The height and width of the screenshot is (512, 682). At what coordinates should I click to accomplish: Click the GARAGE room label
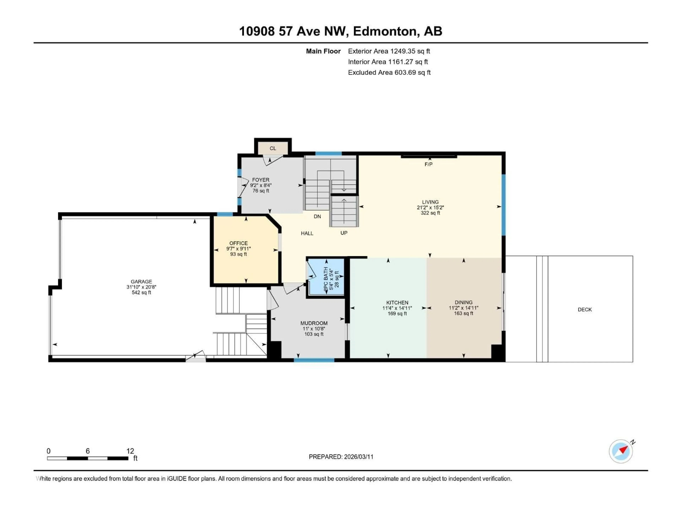[141, 281]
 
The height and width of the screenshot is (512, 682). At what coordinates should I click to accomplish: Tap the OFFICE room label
[238, 243]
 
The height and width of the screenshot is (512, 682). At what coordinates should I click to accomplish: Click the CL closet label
[273, 148]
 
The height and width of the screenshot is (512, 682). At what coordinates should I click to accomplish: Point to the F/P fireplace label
[428, 164]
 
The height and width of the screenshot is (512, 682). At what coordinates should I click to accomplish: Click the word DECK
[584, 310]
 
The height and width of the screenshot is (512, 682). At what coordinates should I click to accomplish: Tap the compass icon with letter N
[621, 451]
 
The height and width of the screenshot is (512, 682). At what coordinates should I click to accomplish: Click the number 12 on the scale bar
[130, 451]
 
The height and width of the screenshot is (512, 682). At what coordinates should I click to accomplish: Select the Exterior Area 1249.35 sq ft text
[389, 51]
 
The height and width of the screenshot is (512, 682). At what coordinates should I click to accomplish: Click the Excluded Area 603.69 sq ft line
[389, 73]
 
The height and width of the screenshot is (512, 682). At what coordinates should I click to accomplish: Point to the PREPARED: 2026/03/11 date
[341, 457]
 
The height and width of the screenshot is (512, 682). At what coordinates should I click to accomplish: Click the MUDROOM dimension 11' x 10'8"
[314, 329]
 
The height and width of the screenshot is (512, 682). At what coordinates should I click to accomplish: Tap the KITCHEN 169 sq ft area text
[397, 314]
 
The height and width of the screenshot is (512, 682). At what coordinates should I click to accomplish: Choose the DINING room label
[463, 302]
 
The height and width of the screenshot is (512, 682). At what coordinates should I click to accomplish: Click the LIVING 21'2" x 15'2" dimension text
[430, 208]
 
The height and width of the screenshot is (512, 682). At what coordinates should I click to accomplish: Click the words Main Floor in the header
[323, 51]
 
